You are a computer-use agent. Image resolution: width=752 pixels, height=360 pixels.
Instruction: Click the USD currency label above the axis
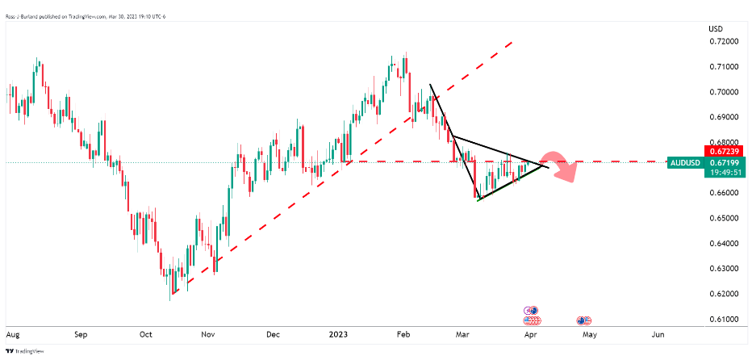pos(715,29)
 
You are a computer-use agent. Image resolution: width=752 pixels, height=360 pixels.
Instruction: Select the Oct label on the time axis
pos(146,333)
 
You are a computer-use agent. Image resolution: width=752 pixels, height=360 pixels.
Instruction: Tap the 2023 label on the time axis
pos(337,333)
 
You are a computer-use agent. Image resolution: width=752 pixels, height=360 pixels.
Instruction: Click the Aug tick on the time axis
pos(13,333)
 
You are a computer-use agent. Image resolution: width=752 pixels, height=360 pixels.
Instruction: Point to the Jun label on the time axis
pos(658,333)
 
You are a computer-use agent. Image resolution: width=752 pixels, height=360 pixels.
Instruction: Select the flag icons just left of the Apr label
pos(531,311)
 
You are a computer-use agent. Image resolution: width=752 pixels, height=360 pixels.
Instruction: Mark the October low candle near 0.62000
pos(170,297)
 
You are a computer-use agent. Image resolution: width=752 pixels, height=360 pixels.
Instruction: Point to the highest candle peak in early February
pos(406,53)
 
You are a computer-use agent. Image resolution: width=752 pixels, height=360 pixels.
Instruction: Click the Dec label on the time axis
pos(272,333)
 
